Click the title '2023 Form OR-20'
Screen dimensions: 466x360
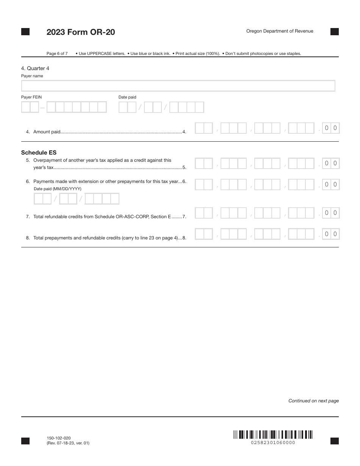click(x=81, y=32)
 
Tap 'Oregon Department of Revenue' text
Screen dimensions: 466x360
click(x=280, y=31)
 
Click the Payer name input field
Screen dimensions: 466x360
click(x=178, y=86)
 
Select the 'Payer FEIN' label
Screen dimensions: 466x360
click(x=31, y=97)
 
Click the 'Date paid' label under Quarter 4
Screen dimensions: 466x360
click(x=127, y=97)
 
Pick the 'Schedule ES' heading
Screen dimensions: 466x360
click(x=39, y=153)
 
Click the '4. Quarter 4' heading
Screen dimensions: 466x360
click(x=35, y=69)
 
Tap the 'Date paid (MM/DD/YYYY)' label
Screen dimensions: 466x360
click(x=58, y=189)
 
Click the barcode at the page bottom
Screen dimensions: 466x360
click(x=273, y=434)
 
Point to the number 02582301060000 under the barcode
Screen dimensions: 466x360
click(x=273, y=443)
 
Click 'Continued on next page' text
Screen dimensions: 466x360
click(x=313, y=401)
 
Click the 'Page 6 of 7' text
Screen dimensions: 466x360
click(x=57, y=54)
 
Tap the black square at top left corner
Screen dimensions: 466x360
click(x=25, y=32)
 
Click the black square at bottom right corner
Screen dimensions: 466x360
click(x=334, y=441)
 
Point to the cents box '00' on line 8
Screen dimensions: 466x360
click(x=330, y=234)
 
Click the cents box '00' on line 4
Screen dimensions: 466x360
click(x=330, y=128)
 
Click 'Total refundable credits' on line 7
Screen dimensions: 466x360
click(x=59, y=217)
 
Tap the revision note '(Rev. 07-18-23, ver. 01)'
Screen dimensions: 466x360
click(x=68, y=443)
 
